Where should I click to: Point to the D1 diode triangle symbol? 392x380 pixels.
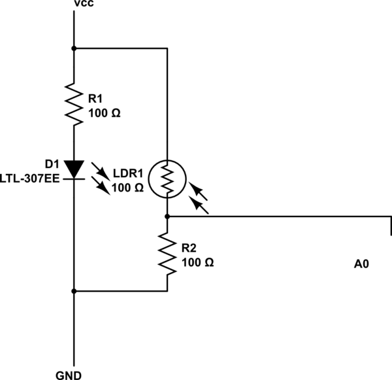click(74, 169)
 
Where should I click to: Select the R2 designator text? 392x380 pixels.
click(189, 249)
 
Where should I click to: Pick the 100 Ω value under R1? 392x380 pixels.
click(105, 112)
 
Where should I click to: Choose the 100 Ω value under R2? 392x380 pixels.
click(198, 262)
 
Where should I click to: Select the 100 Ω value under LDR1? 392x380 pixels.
click(129, 188)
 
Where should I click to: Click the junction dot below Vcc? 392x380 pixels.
click(74, 48)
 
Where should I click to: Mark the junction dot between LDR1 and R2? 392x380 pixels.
click(168, 215)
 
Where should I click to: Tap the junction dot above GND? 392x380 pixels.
click(74, 291)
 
